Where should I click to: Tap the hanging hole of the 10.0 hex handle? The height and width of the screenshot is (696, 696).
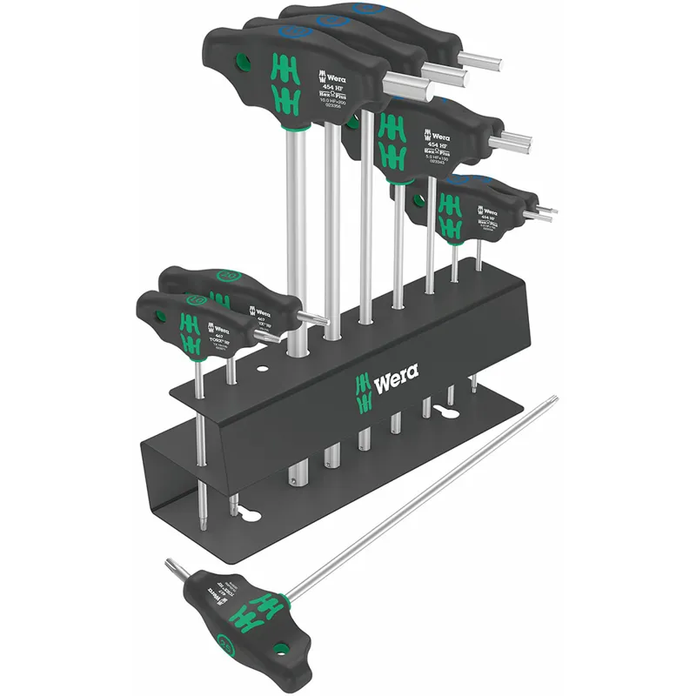[244, 61]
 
